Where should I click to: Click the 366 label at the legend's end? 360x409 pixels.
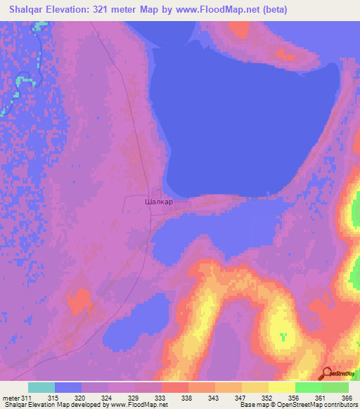346,398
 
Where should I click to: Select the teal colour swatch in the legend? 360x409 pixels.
41,387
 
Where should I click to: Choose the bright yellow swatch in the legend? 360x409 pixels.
282,387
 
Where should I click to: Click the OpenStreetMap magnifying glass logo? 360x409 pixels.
327,374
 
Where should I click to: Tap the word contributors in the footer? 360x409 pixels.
341,405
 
